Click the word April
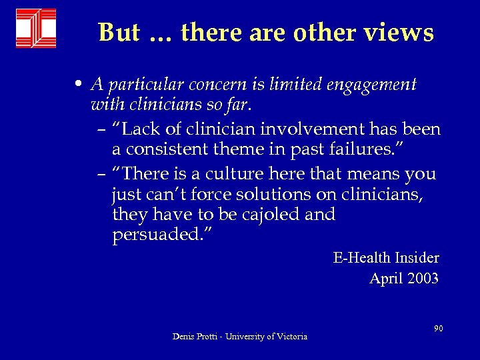tap(385, 279)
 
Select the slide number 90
tap(439, 328)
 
